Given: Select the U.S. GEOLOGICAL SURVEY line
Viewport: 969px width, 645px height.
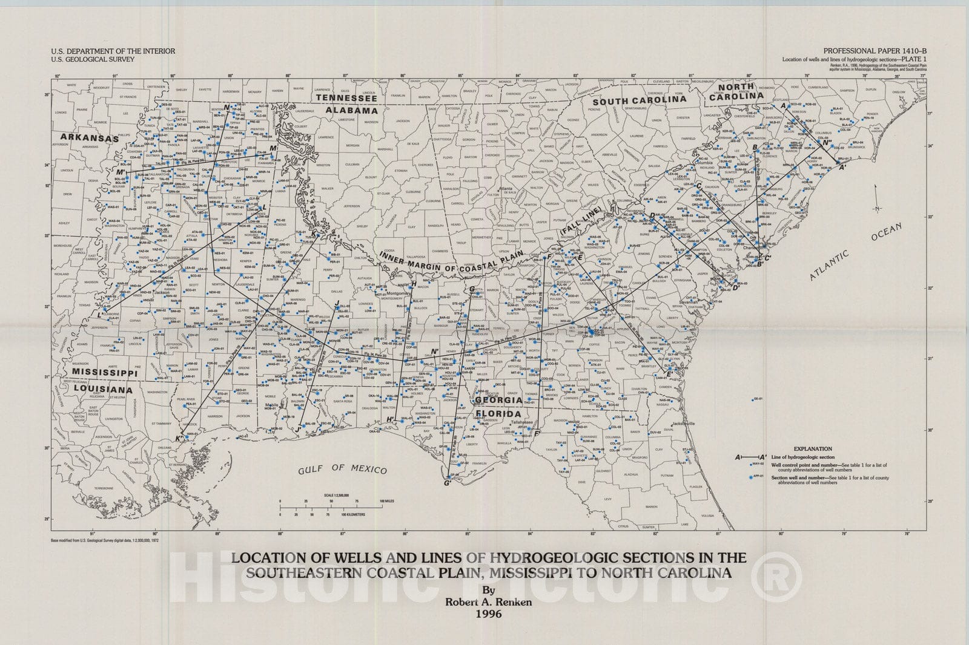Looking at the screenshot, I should (x=92, y=60).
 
